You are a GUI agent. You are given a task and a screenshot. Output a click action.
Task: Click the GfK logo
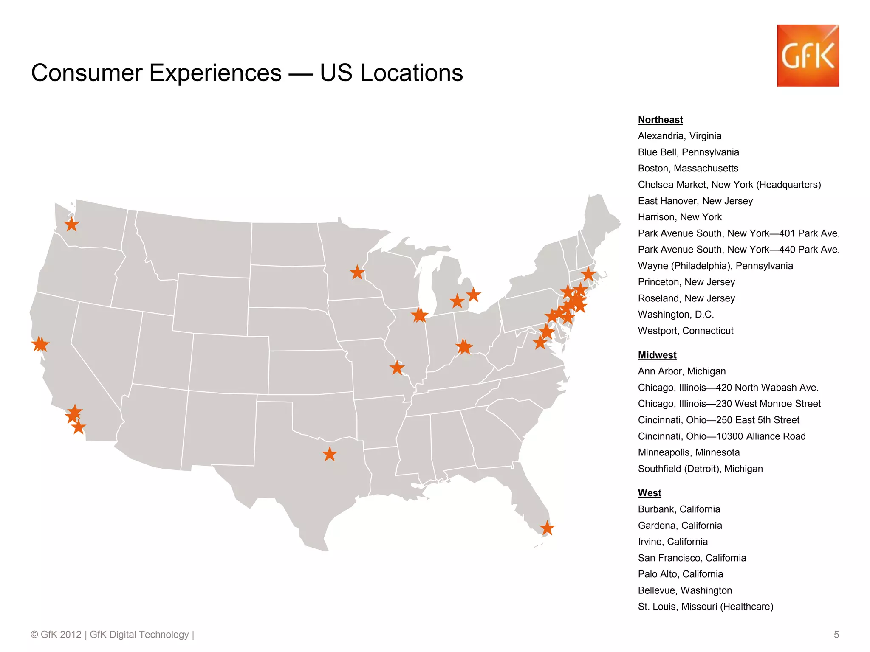(808, 56)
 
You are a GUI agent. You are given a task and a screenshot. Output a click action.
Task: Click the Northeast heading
(660, 120)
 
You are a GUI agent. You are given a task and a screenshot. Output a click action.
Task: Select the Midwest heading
(657, 355)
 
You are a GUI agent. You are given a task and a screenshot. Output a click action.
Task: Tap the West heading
(649, 493)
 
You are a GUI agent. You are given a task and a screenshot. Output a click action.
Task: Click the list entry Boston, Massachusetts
(688, 169)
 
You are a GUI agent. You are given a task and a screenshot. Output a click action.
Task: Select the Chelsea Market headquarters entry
(729, 185)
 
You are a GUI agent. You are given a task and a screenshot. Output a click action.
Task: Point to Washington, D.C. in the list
(675, 315)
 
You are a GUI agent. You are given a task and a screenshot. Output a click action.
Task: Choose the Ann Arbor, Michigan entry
(681, 371)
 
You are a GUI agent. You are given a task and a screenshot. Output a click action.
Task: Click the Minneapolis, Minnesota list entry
(688, 452)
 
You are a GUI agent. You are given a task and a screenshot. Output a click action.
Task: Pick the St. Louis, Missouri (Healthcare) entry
(705, 607)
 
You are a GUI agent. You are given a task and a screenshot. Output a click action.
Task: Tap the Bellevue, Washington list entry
(684, 590)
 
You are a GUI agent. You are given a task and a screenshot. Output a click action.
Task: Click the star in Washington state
(72, 225)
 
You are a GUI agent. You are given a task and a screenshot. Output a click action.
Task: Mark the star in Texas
(330, 454)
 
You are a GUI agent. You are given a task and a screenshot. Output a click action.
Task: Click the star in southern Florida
(547, 528)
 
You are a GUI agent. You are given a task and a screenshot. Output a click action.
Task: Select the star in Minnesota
(357, 272)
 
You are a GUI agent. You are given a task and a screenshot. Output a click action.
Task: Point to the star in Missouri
(397, 368)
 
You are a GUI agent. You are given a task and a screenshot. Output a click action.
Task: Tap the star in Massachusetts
(588, 274)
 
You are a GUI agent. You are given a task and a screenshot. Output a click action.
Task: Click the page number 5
(836, 635)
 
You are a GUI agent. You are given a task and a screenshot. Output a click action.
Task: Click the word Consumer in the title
(87, 73)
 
